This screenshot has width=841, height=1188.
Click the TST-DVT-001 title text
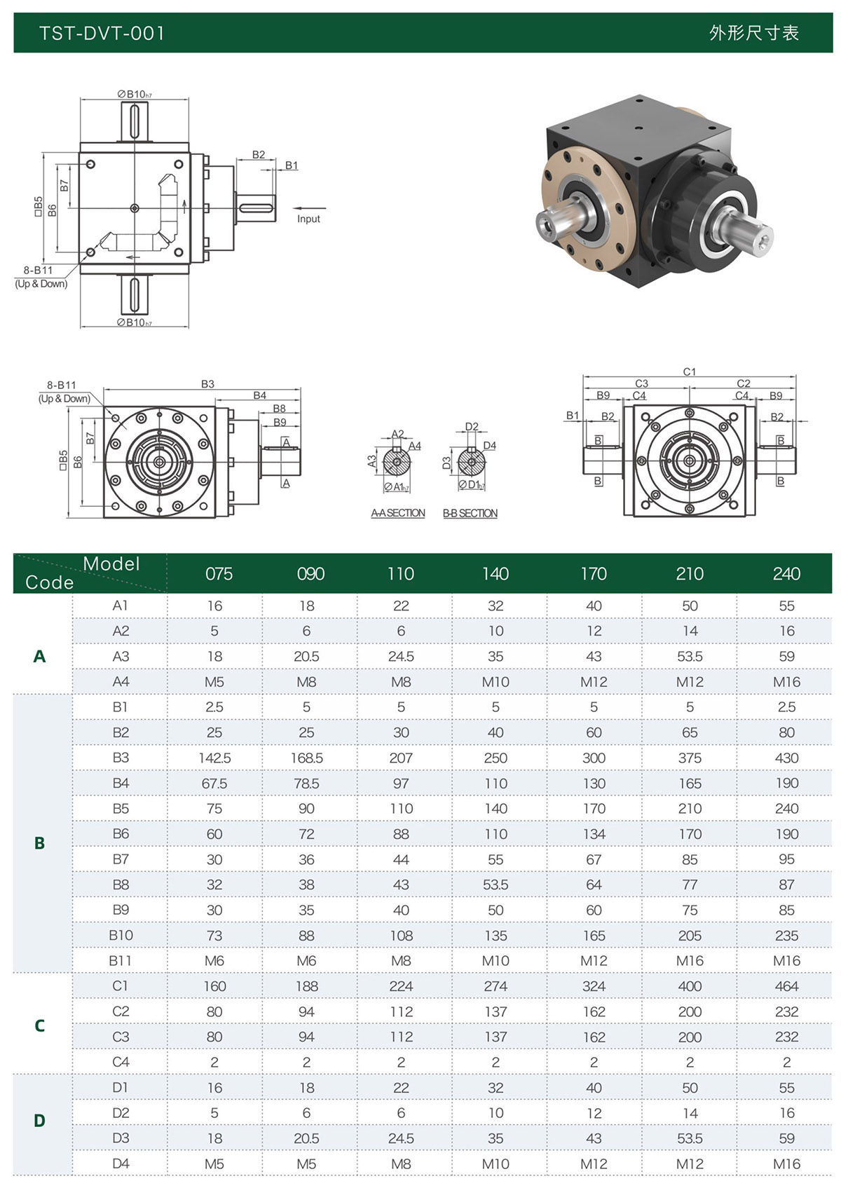click(x=102, y=33)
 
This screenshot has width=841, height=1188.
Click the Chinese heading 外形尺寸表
click(x=753, y=33)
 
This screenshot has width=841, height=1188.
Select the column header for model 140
click(x=495, y=574)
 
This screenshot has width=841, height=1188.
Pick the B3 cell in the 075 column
click(x=214, y=758)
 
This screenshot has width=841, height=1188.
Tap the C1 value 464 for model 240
click(x=786, y=986)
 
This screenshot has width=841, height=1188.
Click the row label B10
click(x=121, y=935)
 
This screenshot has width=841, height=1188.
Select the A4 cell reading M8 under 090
click(x=306, y=681)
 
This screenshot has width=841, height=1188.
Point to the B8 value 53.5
click(x=495, y=885)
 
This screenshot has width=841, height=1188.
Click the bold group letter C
click(x=39, y=1025)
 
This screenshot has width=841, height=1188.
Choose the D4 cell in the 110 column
click(x=401, y=1163)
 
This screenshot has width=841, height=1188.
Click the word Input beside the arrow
click(x=308, y=219)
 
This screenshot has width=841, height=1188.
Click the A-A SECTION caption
click(x=398, y=513)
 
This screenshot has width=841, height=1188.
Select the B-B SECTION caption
click(x=470, y=513)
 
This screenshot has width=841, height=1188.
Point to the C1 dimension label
click(x=690, y=371)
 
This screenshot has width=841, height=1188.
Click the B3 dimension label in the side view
click(x=207, y=384)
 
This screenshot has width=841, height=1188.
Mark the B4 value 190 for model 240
click(x=786, y=783)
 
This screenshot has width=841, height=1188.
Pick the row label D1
click(x=121, y=1087)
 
